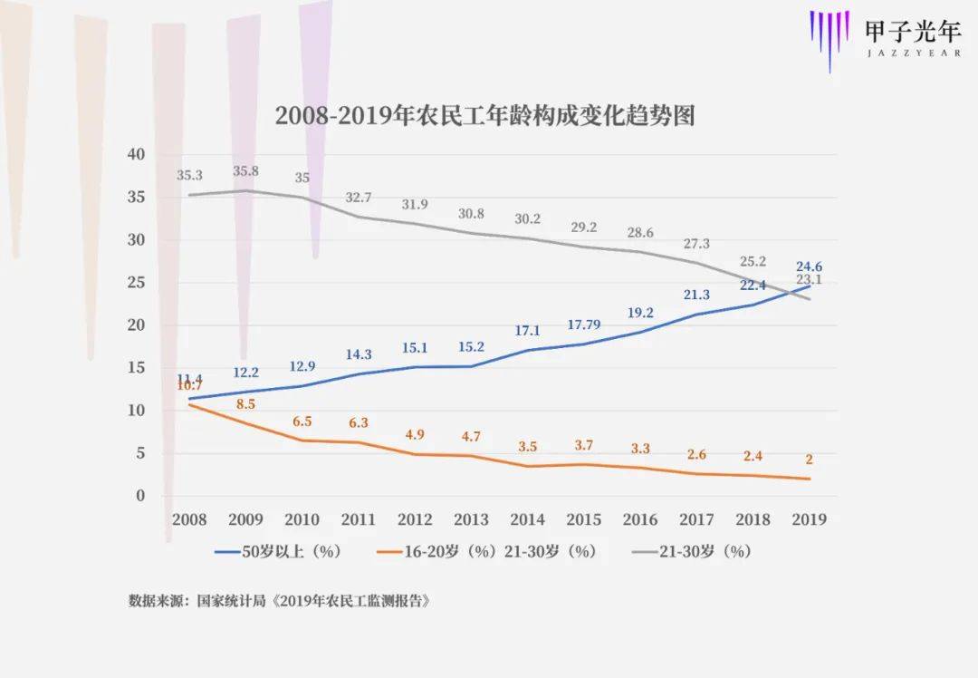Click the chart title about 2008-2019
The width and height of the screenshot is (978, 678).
click(x=484, y=116)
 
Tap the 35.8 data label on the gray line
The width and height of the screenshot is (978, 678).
click(x=245, y=171)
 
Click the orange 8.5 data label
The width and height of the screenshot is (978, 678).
click(x=245, y=403)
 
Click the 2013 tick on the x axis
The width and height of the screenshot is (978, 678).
click(x=471, y=519)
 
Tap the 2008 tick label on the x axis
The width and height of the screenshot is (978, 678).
click(x=188, y=519)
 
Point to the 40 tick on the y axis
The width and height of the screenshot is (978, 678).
click(x=136, y=155)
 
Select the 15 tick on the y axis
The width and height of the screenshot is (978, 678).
click(x=136, y=368)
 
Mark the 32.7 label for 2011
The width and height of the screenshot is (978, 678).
click(x=359, y=198)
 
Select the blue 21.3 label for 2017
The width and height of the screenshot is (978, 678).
click(x=696, y=295)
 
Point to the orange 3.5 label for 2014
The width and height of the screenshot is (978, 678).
click(x=527, y=446)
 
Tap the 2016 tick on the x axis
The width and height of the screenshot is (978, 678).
click(x=640, y=519)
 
